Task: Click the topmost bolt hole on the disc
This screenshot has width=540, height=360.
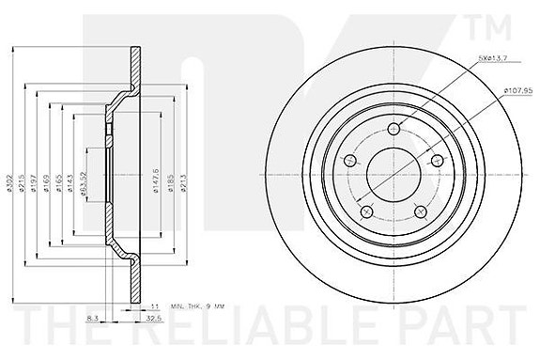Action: pos(393,130)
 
